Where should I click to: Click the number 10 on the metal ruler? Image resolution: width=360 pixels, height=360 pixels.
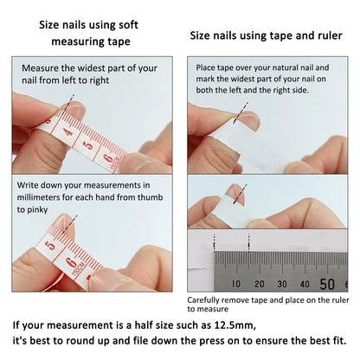point(236,283)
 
